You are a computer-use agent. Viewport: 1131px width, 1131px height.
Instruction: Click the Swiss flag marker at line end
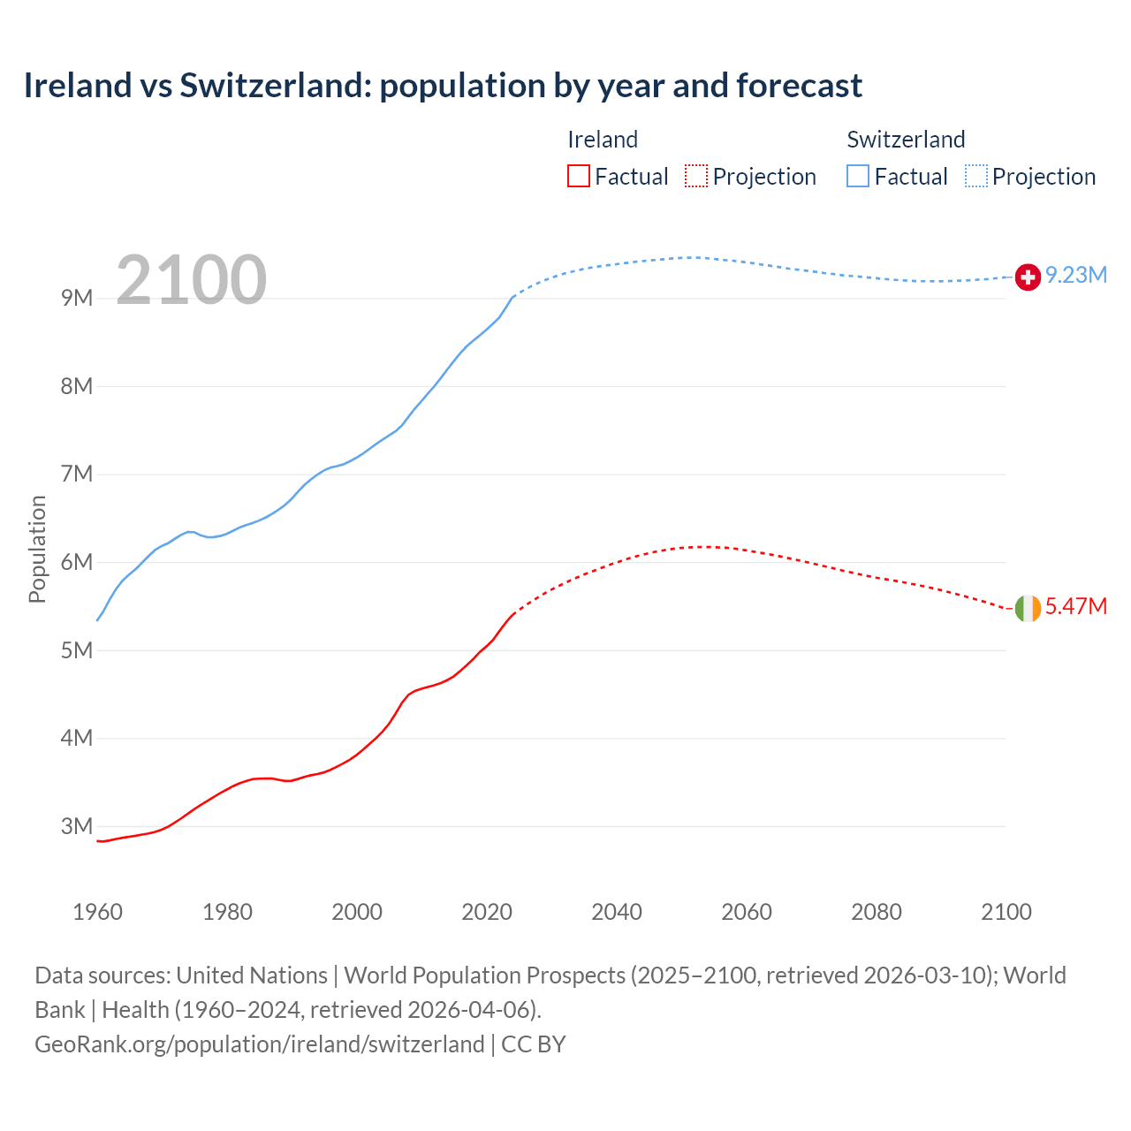pos(1028,277)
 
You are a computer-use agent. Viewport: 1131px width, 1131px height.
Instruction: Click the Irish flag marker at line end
pos(1028,608)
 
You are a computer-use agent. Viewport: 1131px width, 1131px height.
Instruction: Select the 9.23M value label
pos(1076,276)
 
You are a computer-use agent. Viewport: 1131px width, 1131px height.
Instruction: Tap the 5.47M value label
pos(1076,607)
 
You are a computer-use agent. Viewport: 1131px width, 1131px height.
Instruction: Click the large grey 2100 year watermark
pos(191,280)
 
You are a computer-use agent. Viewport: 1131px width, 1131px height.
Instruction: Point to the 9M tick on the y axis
pos(77,298)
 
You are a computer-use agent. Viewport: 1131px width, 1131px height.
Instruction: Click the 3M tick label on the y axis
pos(77,826)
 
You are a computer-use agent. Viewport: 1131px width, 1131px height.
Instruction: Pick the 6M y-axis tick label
pos(77,562)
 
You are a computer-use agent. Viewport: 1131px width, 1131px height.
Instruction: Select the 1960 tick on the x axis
pos(97,912)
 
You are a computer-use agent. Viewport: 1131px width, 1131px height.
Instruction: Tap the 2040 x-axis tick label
pos(617,912)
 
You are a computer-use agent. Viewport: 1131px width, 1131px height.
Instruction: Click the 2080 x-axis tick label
pos(877,912)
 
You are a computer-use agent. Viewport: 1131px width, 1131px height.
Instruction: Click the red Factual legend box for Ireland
pos(579,177)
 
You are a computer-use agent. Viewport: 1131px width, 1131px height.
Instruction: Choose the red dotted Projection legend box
pos(696,177)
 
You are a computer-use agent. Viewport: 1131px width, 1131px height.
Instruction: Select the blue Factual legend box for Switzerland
pos(858,177)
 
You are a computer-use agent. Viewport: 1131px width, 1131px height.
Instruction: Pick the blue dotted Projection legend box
pos(975,177)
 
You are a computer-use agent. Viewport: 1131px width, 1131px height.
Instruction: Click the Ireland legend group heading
pos(603,140)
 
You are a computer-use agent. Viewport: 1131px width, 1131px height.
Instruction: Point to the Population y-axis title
pos(37,549)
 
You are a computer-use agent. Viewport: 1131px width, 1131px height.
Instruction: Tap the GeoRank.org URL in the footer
pos(259,1044)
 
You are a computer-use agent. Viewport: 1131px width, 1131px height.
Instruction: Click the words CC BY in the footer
pos(534,1044)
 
